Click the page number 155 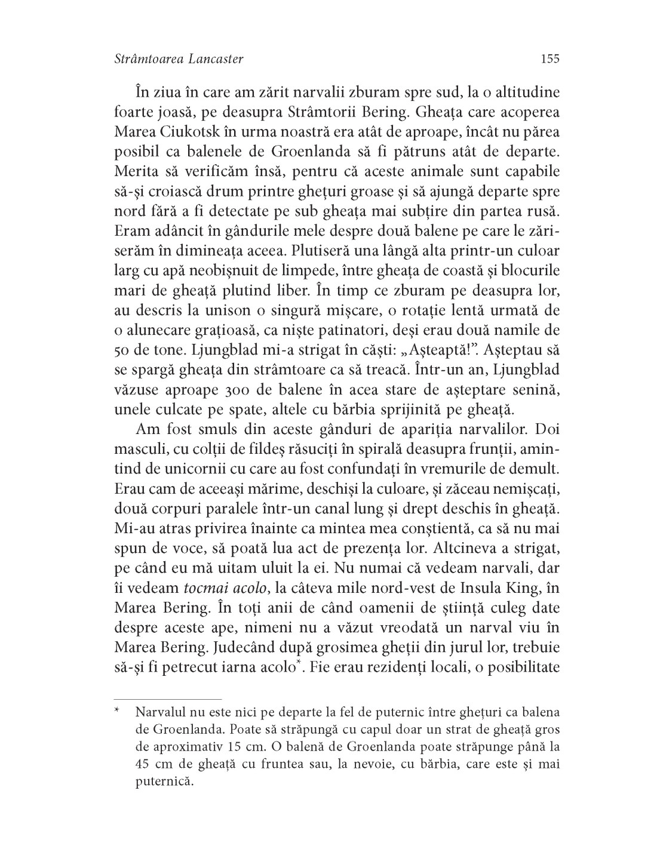click(x=549, y=59)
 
